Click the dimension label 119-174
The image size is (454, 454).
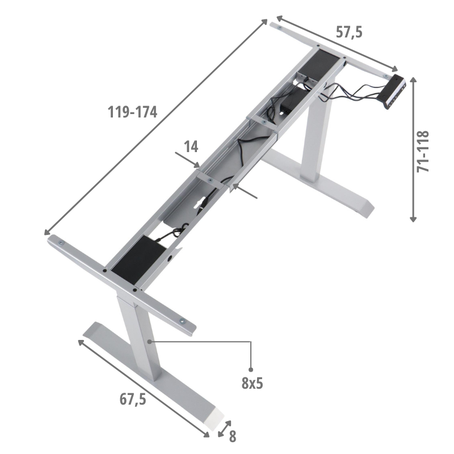(x=132, y=112)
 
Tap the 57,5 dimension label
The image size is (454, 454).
(x=348, y=33)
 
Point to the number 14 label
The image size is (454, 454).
(x=191, y=147)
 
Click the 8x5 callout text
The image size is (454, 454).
(x=252, y=383)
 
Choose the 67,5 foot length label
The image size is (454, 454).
(x=133, y=399)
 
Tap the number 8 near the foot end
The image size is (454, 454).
(x=233, y=436)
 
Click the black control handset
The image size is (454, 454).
(x=395, y=90)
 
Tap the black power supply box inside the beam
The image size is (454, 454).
(x=288, y=105)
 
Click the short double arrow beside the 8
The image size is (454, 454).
(x=225, y=428)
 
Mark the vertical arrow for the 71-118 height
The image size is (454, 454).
(x=414, y=149)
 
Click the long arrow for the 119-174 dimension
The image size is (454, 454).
(x=156, y=127)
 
